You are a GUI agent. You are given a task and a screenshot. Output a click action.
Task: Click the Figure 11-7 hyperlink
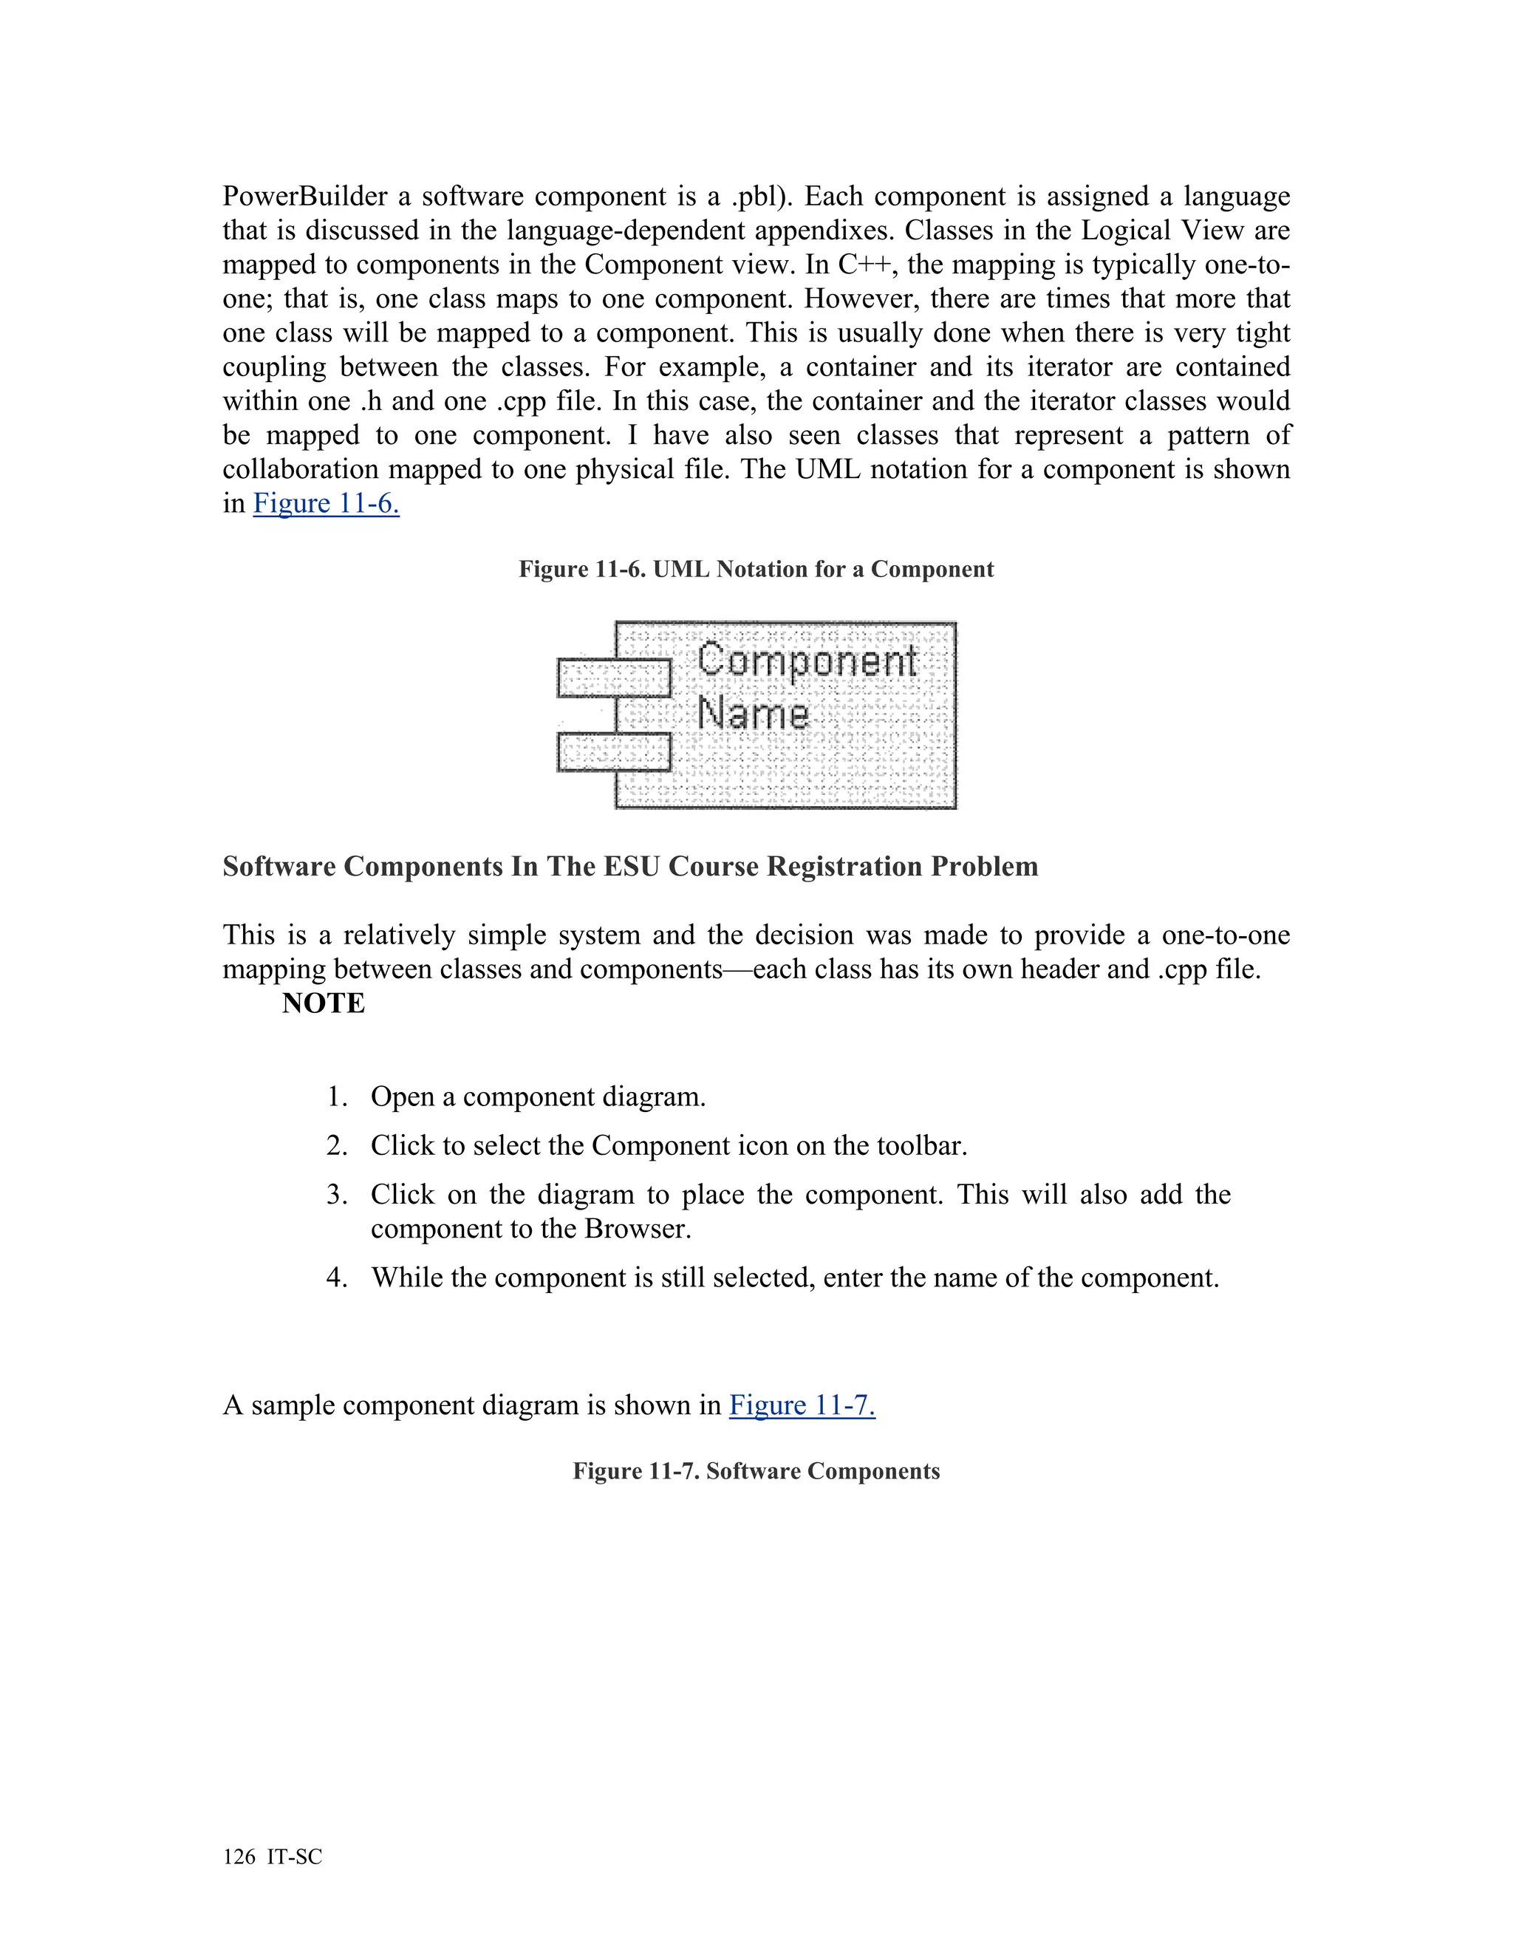pos(802,1405)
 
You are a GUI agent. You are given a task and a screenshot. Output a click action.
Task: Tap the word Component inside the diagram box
pos(807,661)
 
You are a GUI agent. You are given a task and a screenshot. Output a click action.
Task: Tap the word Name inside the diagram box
pos(753,714)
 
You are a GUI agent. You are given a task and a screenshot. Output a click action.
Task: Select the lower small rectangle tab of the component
pos(613,751)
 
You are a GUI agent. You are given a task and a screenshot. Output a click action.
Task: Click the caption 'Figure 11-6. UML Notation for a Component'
pos(756,569)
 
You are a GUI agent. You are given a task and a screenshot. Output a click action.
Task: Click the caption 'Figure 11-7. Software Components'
pos(756,1471)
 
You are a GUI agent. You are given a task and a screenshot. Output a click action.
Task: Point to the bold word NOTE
pos(323,1003)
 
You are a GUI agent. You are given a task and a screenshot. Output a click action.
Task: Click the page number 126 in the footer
pos(239,1857)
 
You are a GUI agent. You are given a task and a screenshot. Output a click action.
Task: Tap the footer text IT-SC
pos(295,1857)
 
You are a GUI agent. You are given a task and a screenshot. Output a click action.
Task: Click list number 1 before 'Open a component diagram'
pos(336,1097)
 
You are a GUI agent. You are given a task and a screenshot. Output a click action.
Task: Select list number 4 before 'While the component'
pos(336,1278)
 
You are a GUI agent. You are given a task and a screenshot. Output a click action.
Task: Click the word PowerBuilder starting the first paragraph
pos(305,197)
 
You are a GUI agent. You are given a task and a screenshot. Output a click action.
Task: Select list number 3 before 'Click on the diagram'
pos(336,1195)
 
